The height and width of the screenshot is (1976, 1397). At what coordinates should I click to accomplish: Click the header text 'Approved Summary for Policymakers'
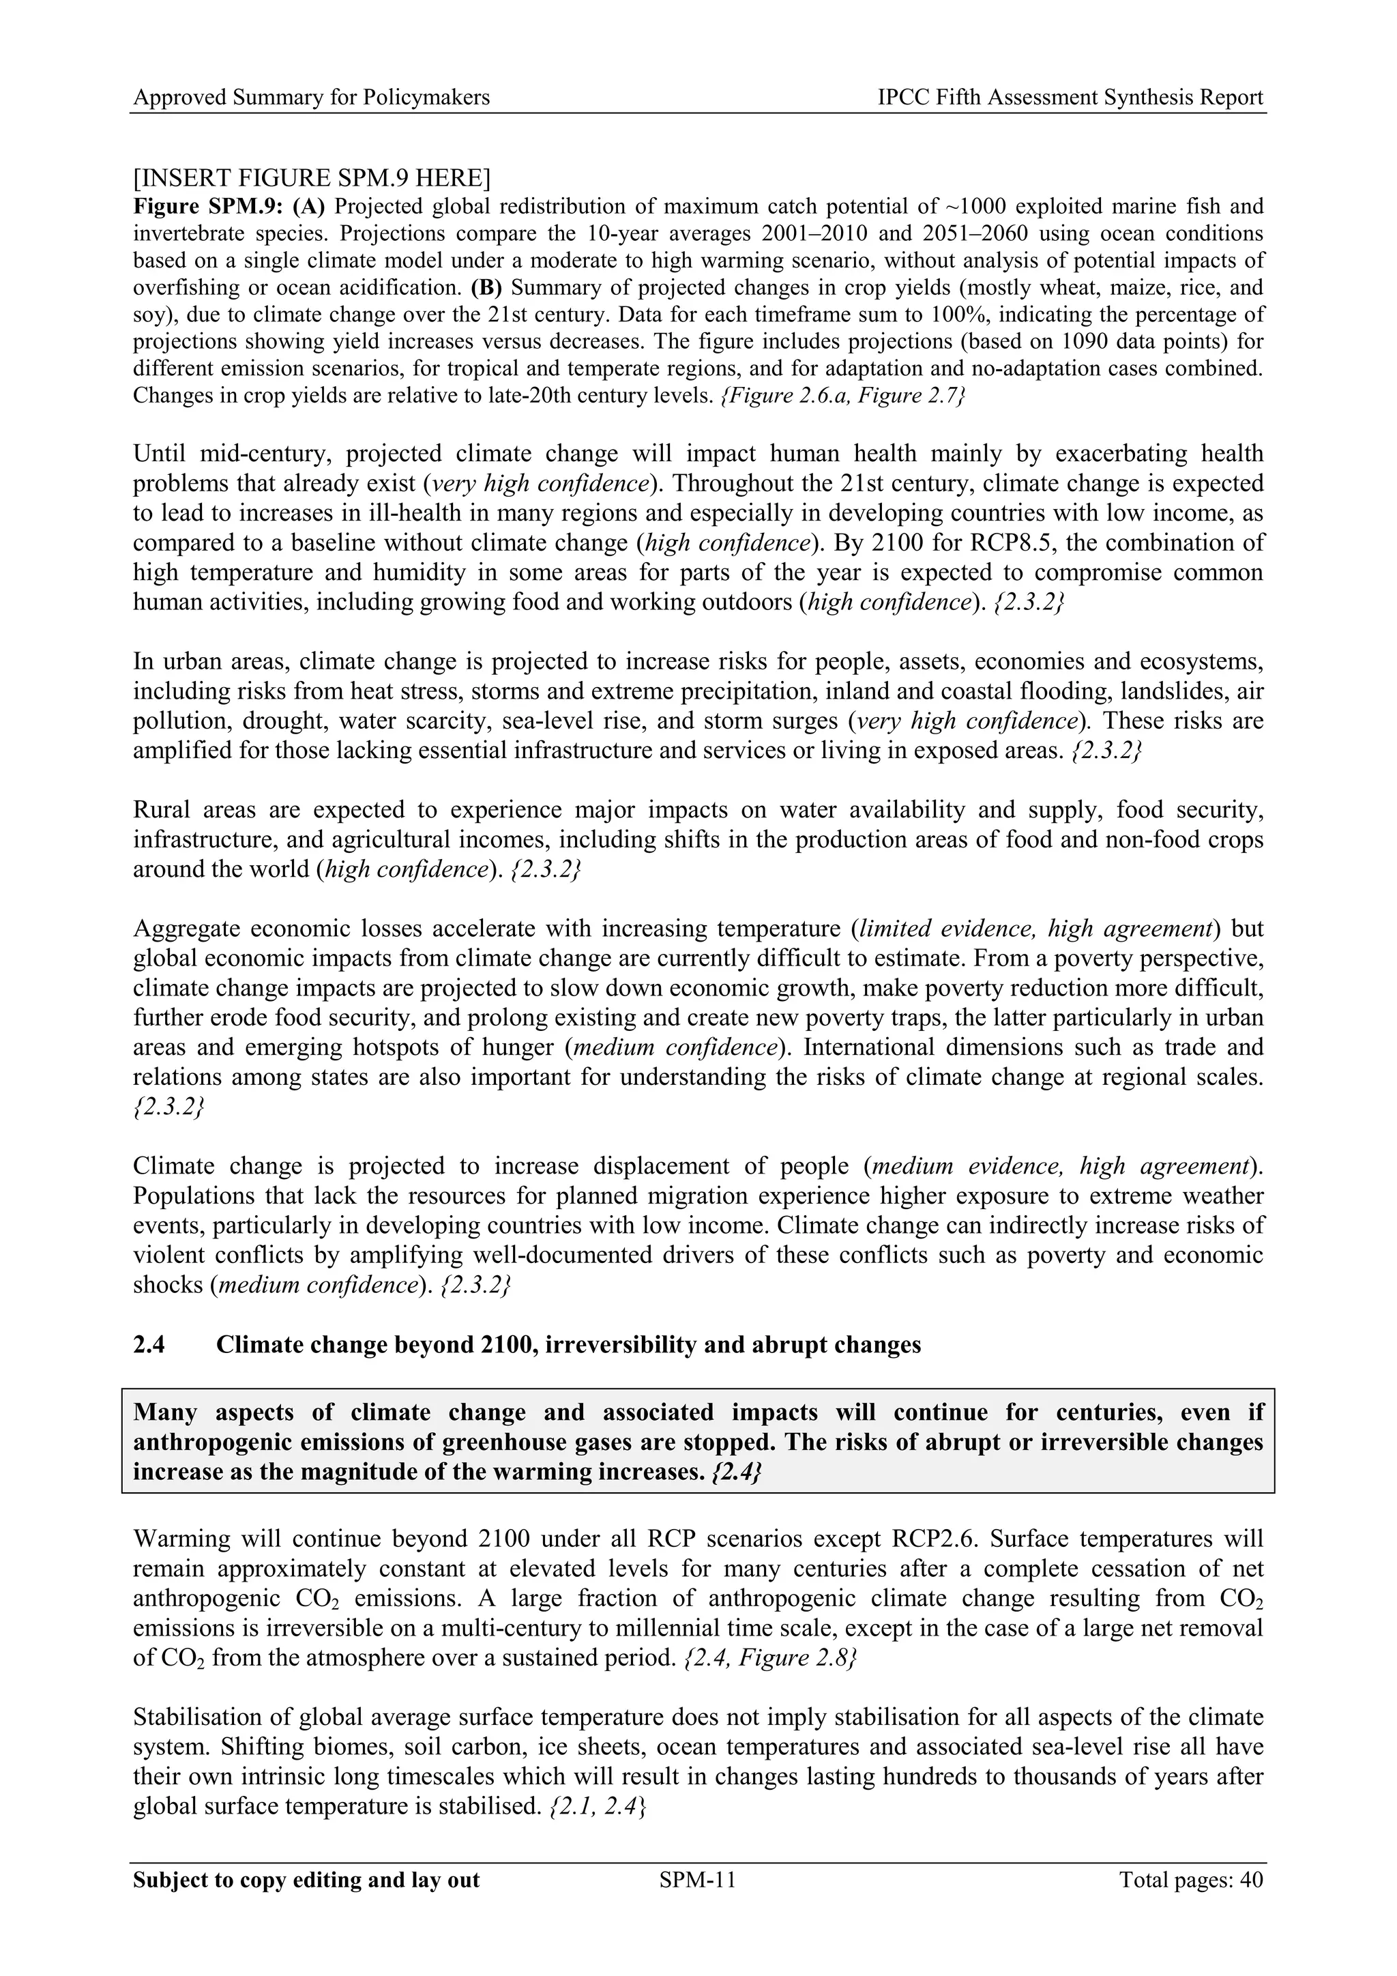(312, 98)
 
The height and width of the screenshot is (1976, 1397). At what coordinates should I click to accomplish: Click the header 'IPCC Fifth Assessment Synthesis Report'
(1070, 98)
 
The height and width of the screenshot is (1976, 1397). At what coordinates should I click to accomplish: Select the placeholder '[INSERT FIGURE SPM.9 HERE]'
(312, 178)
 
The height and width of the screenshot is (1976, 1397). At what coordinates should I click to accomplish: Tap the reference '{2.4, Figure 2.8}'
(769, 1657)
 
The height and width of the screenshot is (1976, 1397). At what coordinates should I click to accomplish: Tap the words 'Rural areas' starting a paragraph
(188, 810)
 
